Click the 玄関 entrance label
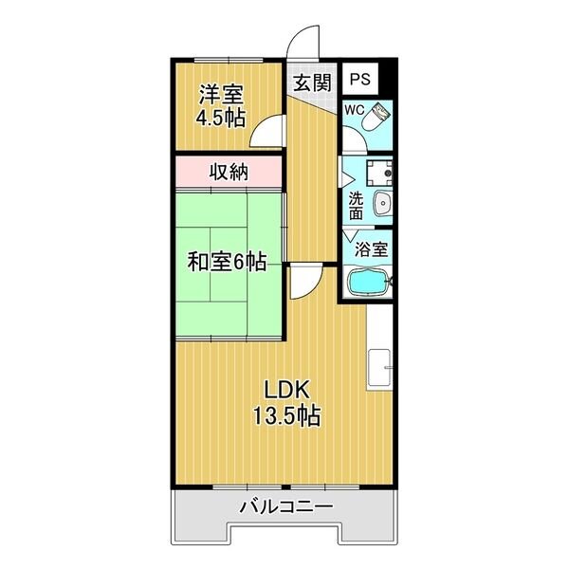coord(311,83)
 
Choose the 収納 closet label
coord(229,173)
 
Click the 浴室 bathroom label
coord(369,249)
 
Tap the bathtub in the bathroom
coord(369,283)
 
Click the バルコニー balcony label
coord(285,506)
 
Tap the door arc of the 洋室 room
coord(268,131)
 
